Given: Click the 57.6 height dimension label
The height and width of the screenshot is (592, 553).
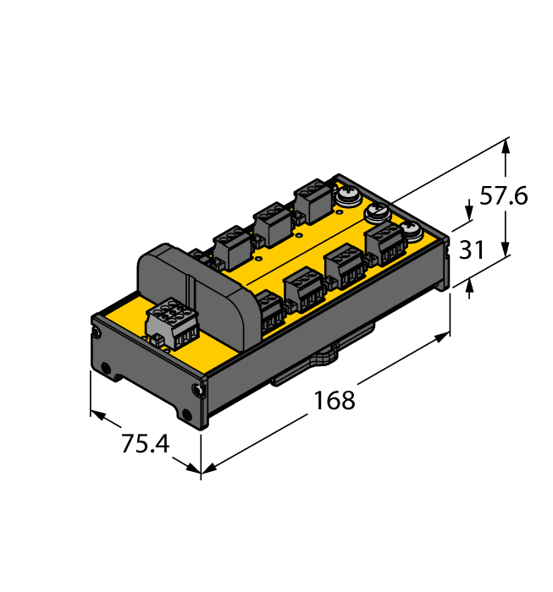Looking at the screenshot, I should pos(503,197).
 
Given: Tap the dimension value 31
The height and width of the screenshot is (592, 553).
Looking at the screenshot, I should pos(471,250).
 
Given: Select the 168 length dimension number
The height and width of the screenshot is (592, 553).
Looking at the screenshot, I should pos(334,400).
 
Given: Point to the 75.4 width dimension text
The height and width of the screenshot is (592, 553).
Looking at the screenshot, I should pos(147,444).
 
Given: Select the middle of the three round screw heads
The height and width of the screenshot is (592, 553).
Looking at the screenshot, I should pos(378,211).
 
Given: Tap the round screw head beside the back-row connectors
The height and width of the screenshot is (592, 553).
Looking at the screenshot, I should pos(347,195).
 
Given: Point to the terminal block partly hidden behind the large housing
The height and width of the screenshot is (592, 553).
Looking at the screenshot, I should pos(270,312).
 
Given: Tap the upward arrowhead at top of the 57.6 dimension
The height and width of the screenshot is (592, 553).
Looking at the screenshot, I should pos(506,145).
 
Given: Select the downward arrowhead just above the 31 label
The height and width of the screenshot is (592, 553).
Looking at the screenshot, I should pos(470,214).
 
